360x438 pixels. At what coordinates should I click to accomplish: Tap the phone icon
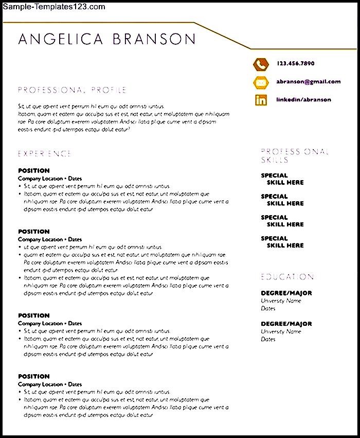(x=261, y=64)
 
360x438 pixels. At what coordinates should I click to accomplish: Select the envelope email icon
(x=261, y=82)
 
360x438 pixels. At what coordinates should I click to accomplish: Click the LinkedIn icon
(x=261, y=100)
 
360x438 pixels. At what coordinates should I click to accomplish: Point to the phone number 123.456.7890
(x=295, y=64)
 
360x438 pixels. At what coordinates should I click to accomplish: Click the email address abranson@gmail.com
(x=308, y=82)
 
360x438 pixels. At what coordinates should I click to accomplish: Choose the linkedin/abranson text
(x=303, y=100)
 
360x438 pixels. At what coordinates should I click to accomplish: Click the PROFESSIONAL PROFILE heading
(x=72, y=90)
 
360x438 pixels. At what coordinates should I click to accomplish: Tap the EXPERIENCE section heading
(x=45, y=153)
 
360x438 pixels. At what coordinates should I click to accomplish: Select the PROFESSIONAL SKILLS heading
(x=294, y=155)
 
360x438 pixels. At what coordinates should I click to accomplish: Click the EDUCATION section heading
(x=287, y=277)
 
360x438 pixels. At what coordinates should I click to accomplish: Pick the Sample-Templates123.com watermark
(x=53, y=7)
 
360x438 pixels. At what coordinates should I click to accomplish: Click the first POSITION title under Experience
(x=34, y=170)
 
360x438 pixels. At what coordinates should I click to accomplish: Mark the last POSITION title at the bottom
(x=34, y=376)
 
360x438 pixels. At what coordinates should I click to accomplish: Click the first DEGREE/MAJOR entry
(x=286, y=293)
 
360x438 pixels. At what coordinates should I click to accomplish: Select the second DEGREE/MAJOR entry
(x=286, y=324)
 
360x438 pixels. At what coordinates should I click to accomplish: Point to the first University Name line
(x=281, y=301)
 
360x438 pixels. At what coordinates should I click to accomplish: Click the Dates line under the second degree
(x=268, y=339)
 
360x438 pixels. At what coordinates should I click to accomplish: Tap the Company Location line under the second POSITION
(x=50, y=239)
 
